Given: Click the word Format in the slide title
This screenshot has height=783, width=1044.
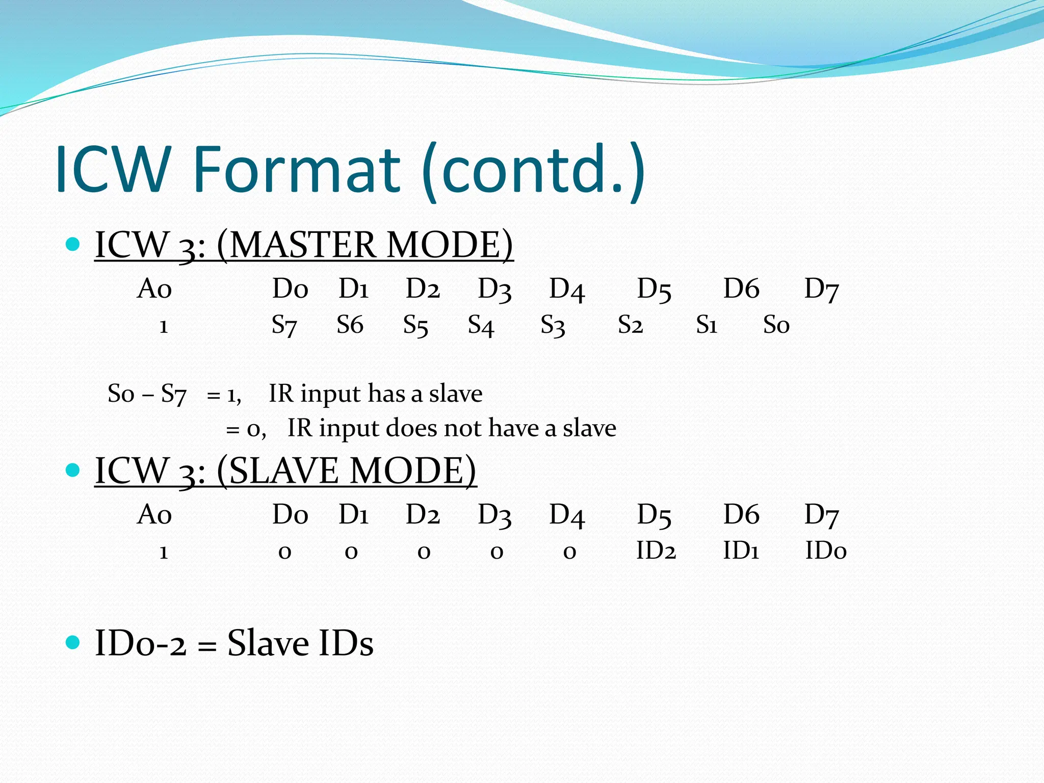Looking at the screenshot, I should [x=297, y=169].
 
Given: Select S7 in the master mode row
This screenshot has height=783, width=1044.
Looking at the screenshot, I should [x=284, y=325].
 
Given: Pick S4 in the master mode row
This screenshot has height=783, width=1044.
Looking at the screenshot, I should [x=481, y=325].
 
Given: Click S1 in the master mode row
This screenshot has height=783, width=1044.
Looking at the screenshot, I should [x=707, y=325].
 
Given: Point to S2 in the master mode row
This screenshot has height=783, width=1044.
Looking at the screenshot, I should [x=630, y=325].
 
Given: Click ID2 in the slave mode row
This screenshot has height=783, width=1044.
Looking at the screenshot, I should [x=656, y=551].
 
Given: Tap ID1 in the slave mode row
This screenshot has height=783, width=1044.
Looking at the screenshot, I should [x=741, y=551].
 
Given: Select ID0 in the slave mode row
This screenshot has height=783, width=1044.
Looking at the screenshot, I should [x=826, y=551].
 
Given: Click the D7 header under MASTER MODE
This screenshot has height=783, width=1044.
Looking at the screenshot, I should [x=821, y=289].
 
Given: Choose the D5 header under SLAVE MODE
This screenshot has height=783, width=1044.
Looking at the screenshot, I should [x=654, y=515].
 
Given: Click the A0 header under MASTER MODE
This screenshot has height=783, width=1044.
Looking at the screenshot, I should [x=154, y=289].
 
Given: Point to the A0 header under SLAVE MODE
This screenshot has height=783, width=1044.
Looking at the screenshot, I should [x=154, y=515].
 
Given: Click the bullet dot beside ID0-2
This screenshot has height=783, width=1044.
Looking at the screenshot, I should [x=73, y=642].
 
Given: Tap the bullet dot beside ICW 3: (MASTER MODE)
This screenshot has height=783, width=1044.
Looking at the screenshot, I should [x=73, y=245].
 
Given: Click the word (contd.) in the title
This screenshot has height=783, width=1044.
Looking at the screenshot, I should [x=534, y=169].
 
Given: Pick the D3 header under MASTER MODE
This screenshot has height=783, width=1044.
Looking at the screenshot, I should [x=494, y=289].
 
